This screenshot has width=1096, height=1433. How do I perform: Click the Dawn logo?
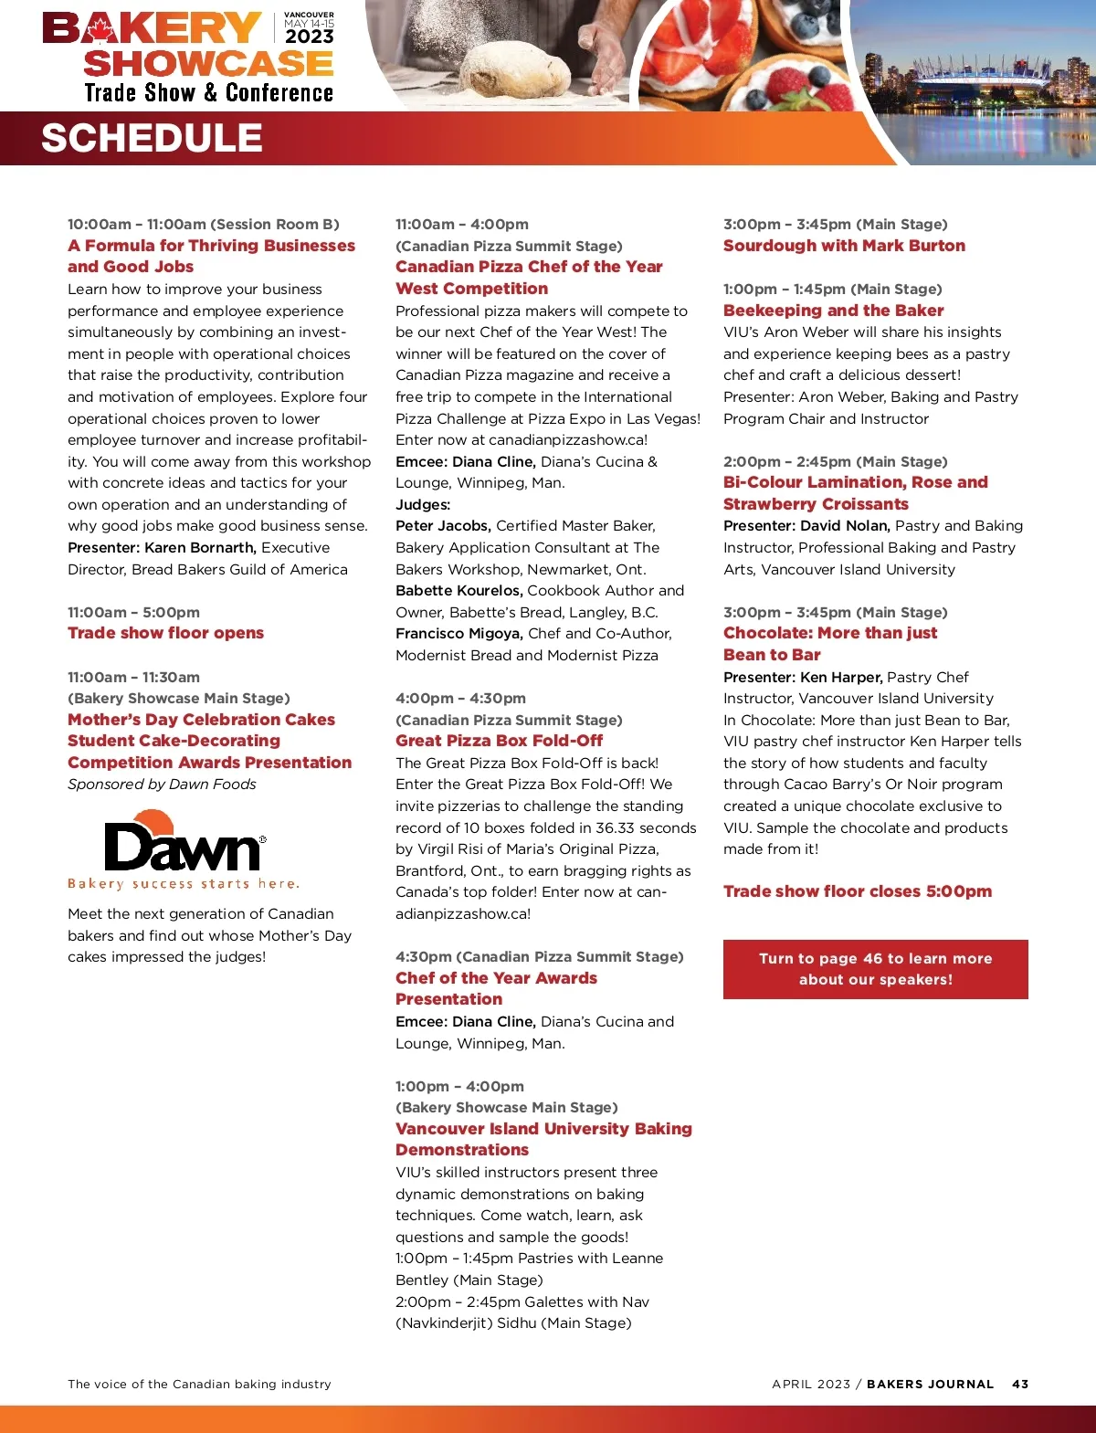tap(184, 848)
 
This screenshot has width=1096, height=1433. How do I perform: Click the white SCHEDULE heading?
tap(152, 138)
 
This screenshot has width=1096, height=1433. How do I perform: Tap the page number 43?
tap(1020, 1384)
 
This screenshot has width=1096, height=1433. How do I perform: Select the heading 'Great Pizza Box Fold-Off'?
tap(499, 741)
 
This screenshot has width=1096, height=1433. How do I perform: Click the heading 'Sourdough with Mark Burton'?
tap(844, 246)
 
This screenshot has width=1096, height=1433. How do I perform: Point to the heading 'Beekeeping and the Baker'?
tap(833, 311)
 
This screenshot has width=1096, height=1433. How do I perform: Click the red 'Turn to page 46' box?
tap(875, 969)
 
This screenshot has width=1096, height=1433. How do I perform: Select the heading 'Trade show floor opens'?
tap(165, 633)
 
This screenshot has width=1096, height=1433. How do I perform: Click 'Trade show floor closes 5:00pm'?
tap(857, 891)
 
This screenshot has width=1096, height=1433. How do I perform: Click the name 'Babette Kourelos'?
tap(458, 591)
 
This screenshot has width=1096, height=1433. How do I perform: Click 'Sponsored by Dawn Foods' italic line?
tap(162, 785)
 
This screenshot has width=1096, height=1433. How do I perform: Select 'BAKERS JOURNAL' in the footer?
tap(930, 1384)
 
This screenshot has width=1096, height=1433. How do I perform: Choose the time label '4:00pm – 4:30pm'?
tap(460, 699)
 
